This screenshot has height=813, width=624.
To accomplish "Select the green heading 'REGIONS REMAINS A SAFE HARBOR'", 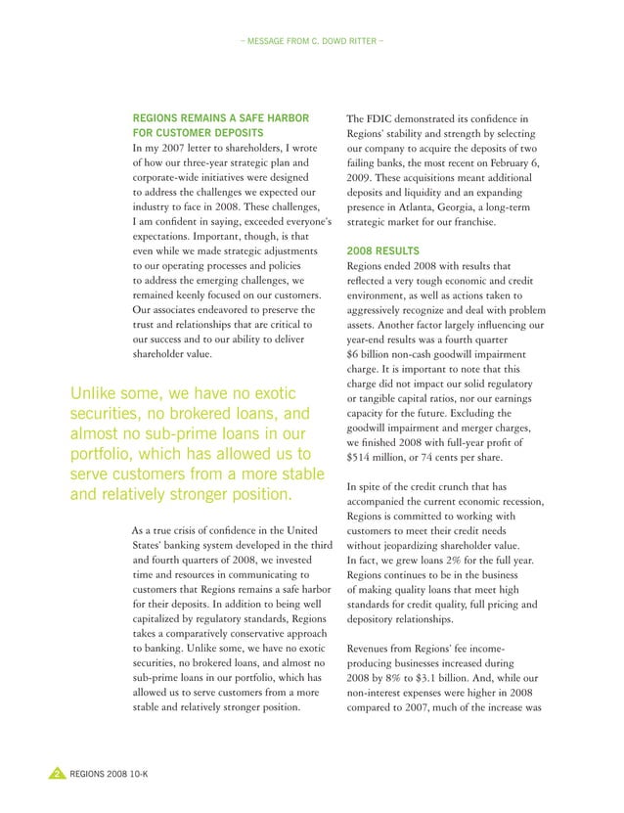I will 222,116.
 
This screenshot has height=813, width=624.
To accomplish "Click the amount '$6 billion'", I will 378,353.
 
